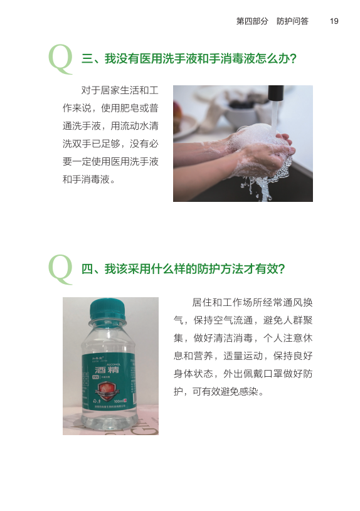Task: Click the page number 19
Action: [x=334, y=21]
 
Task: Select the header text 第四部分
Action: [x=251, y=21]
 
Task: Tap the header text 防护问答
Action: [x=292, y=21]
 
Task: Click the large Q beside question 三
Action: [x=61, y=57]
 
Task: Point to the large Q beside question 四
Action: [x=61, y=268]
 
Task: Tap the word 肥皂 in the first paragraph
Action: [x=126, y=107]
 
